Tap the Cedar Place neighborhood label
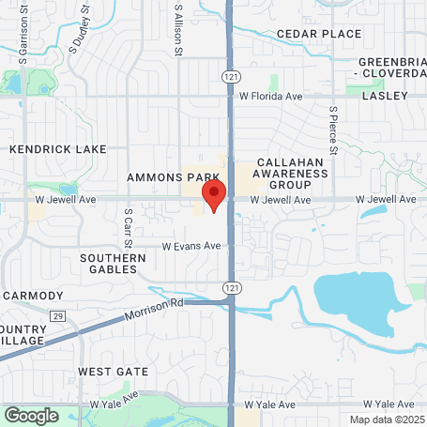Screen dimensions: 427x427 (319, 34)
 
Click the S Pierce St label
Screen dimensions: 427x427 (332, 129)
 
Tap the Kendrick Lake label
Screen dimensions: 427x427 (57, 149)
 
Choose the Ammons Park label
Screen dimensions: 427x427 (175, 176)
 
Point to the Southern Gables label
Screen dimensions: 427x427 (114, 264)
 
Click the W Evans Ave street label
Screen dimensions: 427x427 (191, 246)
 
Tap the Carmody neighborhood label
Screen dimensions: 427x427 (32, 295)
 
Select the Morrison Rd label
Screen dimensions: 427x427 (153, 311)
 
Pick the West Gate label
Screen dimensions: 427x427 (113, 372)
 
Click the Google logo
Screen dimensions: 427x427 (32, 415)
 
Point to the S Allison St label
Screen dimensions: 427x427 (177, 28)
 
